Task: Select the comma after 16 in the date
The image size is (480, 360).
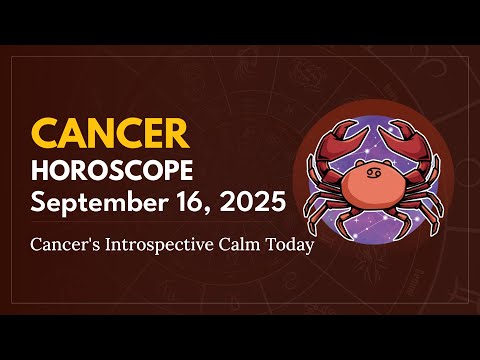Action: (198, 210)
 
